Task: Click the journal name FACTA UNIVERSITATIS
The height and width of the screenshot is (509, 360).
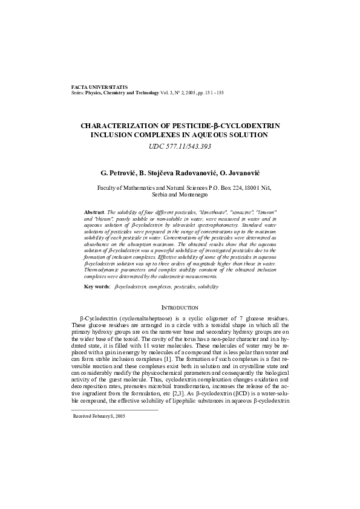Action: pos(95,88)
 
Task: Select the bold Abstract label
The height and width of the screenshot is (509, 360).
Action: pos(94,213)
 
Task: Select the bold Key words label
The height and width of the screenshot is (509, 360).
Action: pos(97,285)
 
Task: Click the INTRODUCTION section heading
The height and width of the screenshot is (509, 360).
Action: pos(180,308)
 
